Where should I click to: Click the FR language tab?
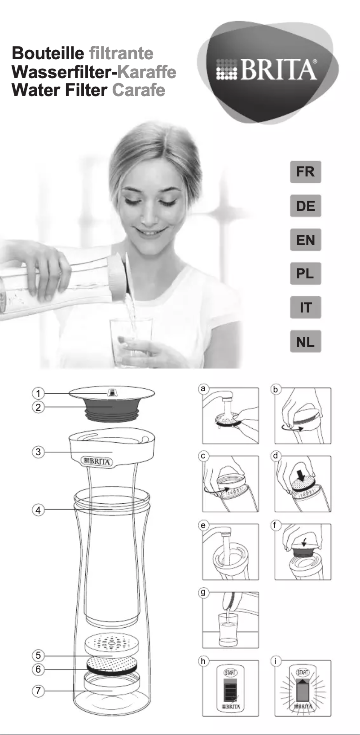[305, 172]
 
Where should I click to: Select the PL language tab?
[305, 273]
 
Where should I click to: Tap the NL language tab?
[305, 342]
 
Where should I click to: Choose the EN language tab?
[305, 240]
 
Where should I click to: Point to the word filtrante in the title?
[121, 53]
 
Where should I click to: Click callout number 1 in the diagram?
[38, 394]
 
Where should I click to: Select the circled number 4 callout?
[38, 510]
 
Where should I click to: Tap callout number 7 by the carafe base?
[38, 691]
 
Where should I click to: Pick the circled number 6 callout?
[38, 669]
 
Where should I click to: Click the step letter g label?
[203, 593]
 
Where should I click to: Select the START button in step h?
[230, 673]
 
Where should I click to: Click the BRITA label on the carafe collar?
[97, 461]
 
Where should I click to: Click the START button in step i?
[303, 672]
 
